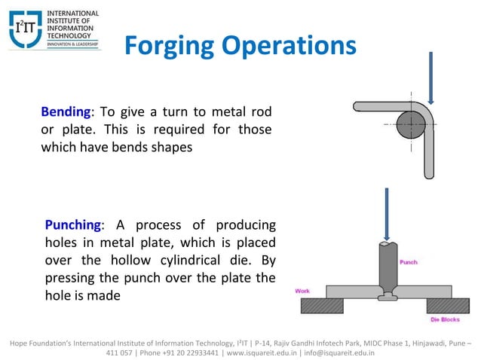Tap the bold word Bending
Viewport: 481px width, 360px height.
(x=66, y=112)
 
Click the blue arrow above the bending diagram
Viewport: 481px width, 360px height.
(x=430, y=78)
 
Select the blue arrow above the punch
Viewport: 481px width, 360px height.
(x=386, y=214)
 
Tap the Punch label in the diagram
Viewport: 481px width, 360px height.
(x=408, y=262)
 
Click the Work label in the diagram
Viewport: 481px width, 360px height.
(x=302, y=291)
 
